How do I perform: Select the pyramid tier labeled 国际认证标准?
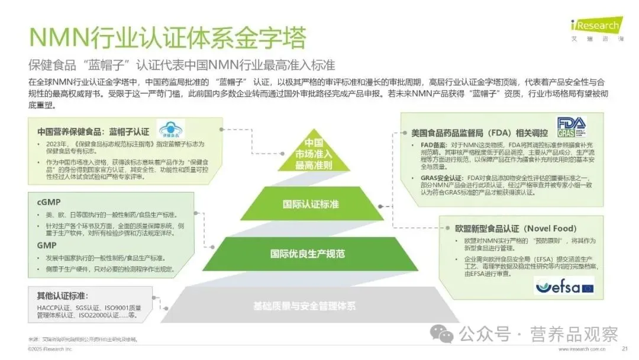pyautogui.click(x=319, y=204)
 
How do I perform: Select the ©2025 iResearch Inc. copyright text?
pyautogui.click(x=50, y=349)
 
